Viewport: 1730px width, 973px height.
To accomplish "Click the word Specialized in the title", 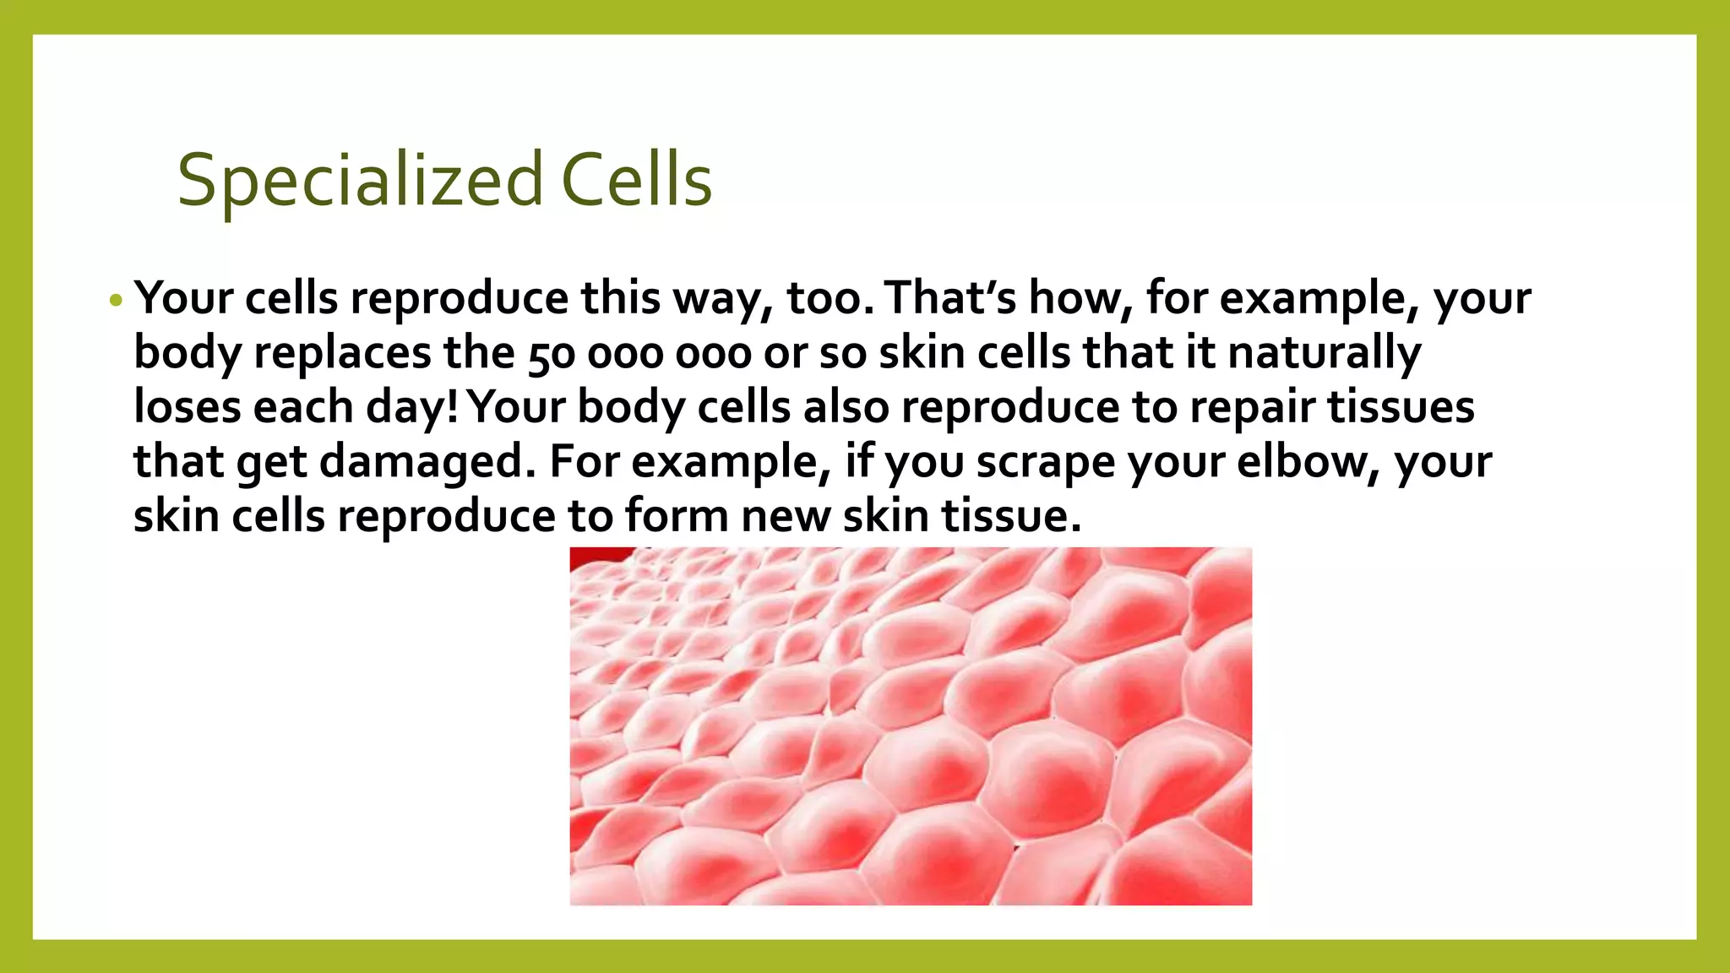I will coord(359,181).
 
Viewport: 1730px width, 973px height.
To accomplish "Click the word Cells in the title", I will coord(637,181).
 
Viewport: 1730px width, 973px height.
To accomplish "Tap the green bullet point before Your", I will coord(117,301).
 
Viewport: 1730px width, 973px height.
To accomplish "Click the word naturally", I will coord(1325,353).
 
